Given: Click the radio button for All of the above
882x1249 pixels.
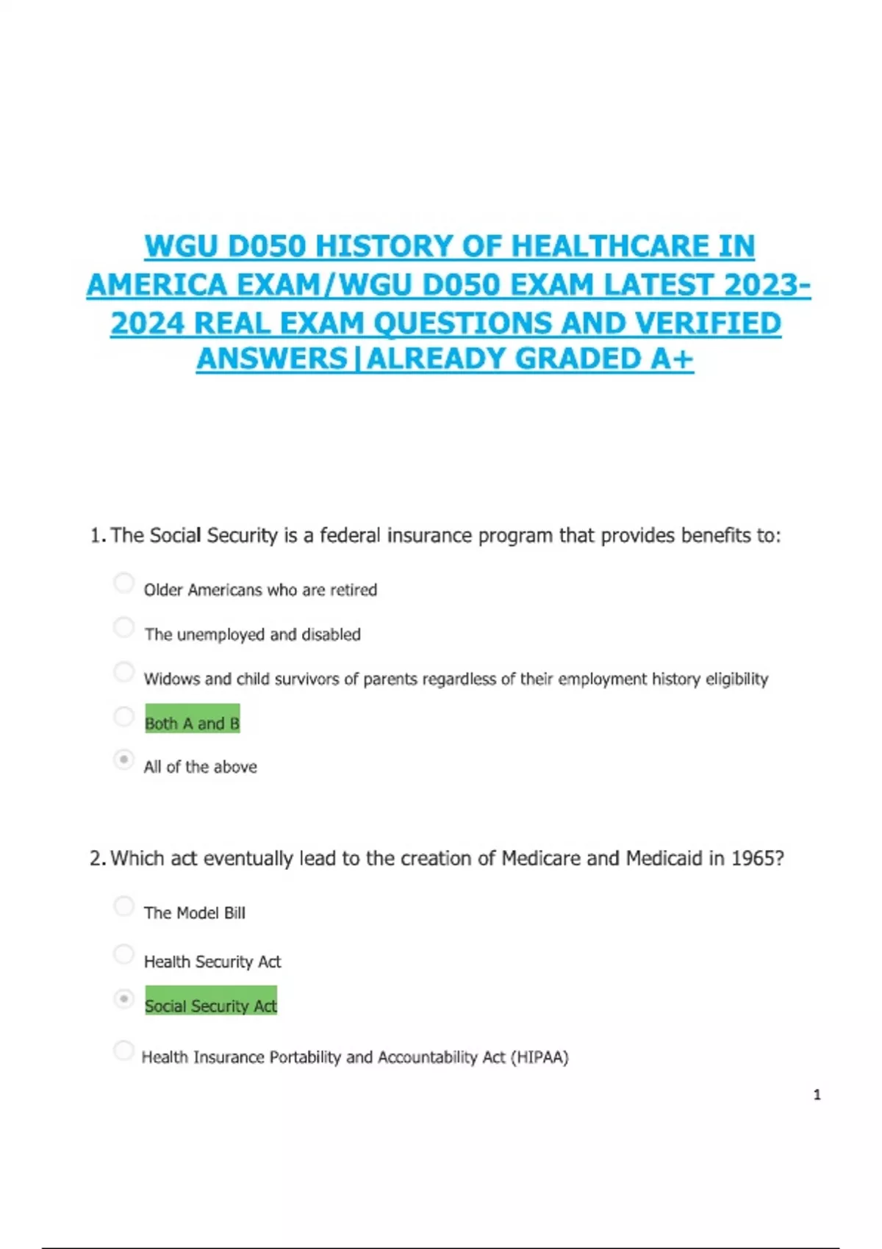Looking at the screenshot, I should pyautogui.click(x=124, y=759).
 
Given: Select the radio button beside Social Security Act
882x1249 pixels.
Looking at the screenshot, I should pyautogui.click(x=124, y=999).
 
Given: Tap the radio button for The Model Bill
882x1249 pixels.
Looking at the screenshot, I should pyautogui.click(x=124, y=906).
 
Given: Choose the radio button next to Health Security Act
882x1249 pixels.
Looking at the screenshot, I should pyautogui.click(x=124, y=954).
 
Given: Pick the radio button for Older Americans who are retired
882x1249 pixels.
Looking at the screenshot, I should pyautogui.click(x=124, y=583).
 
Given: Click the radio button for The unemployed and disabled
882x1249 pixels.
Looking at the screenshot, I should pyautogui.click(x=124, y=627).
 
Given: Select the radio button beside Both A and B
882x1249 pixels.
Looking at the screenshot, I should pyautogui.click(x=124, y=716).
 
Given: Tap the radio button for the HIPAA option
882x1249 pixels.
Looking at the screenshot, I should pyautogui.click(x=124, y=1051).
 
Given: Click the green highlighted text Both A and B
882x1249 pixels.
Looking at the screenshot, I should pyautogui.click(x=192, y=723).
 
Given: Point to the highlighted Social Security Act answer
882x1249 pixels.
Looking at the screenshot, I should pyautogui.click(x=211, y=1005).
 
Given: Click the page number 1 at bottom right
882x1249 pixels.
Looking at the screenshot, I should pyautogui.click(x=817, y=1095).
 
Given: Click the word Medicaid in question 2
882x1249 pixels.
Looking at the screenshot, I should pyautogui.click(x=664, y=858).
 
